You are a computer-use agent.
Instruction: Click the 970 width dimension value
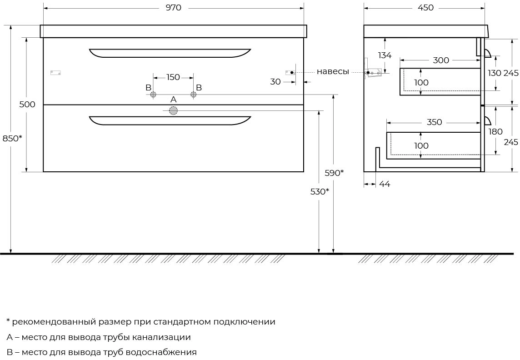tap(174, 7)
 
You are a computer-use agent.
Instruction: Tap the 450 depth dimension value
tap(426, 7)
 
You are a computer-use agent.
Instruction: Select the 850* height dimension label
tap(12, 138)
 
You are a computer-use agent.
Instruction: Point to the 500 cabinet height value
tap(27, 104)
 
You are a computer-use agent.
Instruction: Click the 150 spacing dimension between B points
tap(173, 77)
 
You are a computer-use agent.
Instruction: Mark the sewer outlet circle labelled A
tap(174, 111)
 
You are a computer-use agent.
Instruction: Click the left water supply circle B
tap(153, 95)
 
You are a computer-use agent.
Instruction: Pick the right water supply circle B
tap(194, 95)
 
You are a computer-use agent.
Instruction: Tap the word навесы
tap(333, 72)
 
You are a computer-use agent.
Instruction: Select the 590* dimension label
tap(334, 173)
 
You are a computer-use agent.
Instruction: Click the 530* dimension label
tap(320, 191)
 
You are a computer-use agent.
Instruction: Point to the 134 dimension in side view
tap(385, 55)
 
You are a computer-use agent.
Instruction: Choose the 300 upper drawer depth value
tap(441, 60)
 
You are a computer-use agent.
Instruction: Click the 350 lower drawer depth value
tap(435, 122)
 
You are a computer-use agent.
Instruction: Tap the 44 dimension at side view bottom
tap(385, 184)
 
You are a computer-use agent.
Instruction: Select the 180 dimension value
tap(495, 132)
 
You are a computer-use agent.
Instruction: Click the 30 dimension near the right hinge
tap(275, 81)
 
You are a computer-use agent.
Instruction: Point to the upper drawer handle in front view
tap(170, 53)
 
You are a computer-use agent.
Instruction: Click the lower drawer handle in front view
tap(170, 120)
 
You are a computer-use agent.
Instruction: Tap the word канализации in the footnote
tap(161, 337)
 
